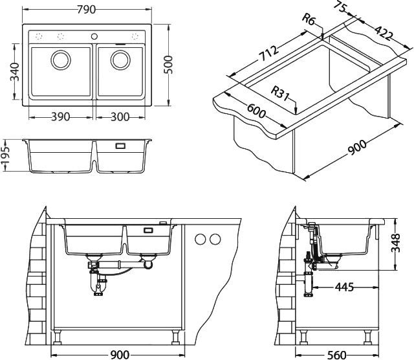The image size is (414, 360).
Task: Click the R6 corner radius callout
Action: point(310,21)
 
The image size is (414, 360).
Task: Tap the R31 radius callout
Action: point(280,93)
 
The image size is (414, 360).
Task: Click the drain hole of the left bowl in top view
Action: point(62,60)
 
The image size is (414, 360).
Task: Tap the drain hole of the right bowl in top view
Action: point(120,60)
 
